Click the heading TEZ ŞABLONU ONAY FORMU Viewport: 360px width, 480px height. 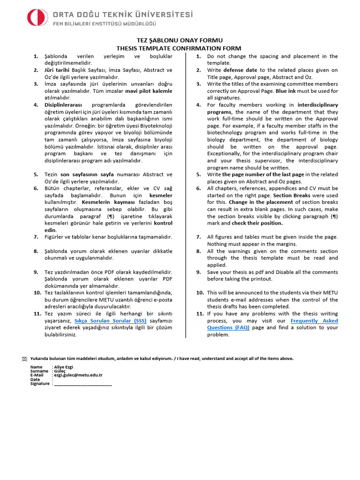tap(179, 41)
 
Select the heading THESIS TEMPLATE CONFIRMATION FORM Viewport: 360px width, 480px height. tap(179, 48)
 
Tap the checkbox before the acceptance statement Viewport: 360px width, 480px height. tap(24, 359)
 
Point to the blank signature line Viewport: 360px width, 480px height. tap(83, 383)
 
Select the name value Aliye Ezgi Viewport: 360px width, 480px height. tap(64, 367)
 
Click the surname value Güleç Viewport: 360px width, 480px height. tap(60, 371)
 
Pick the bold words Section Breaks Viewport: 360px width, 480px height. tap(290, 195)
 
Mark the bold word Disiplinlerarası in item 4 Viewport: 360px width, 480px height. tap(63, 105)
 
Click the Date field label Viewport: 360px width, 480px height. tap(35, 379)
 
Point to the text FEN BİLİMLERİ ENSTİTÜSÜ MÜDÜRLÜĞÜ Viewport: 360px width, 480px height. tap(104, 23)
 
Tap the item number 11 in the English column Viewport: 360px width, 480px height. tap(199, 314)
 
